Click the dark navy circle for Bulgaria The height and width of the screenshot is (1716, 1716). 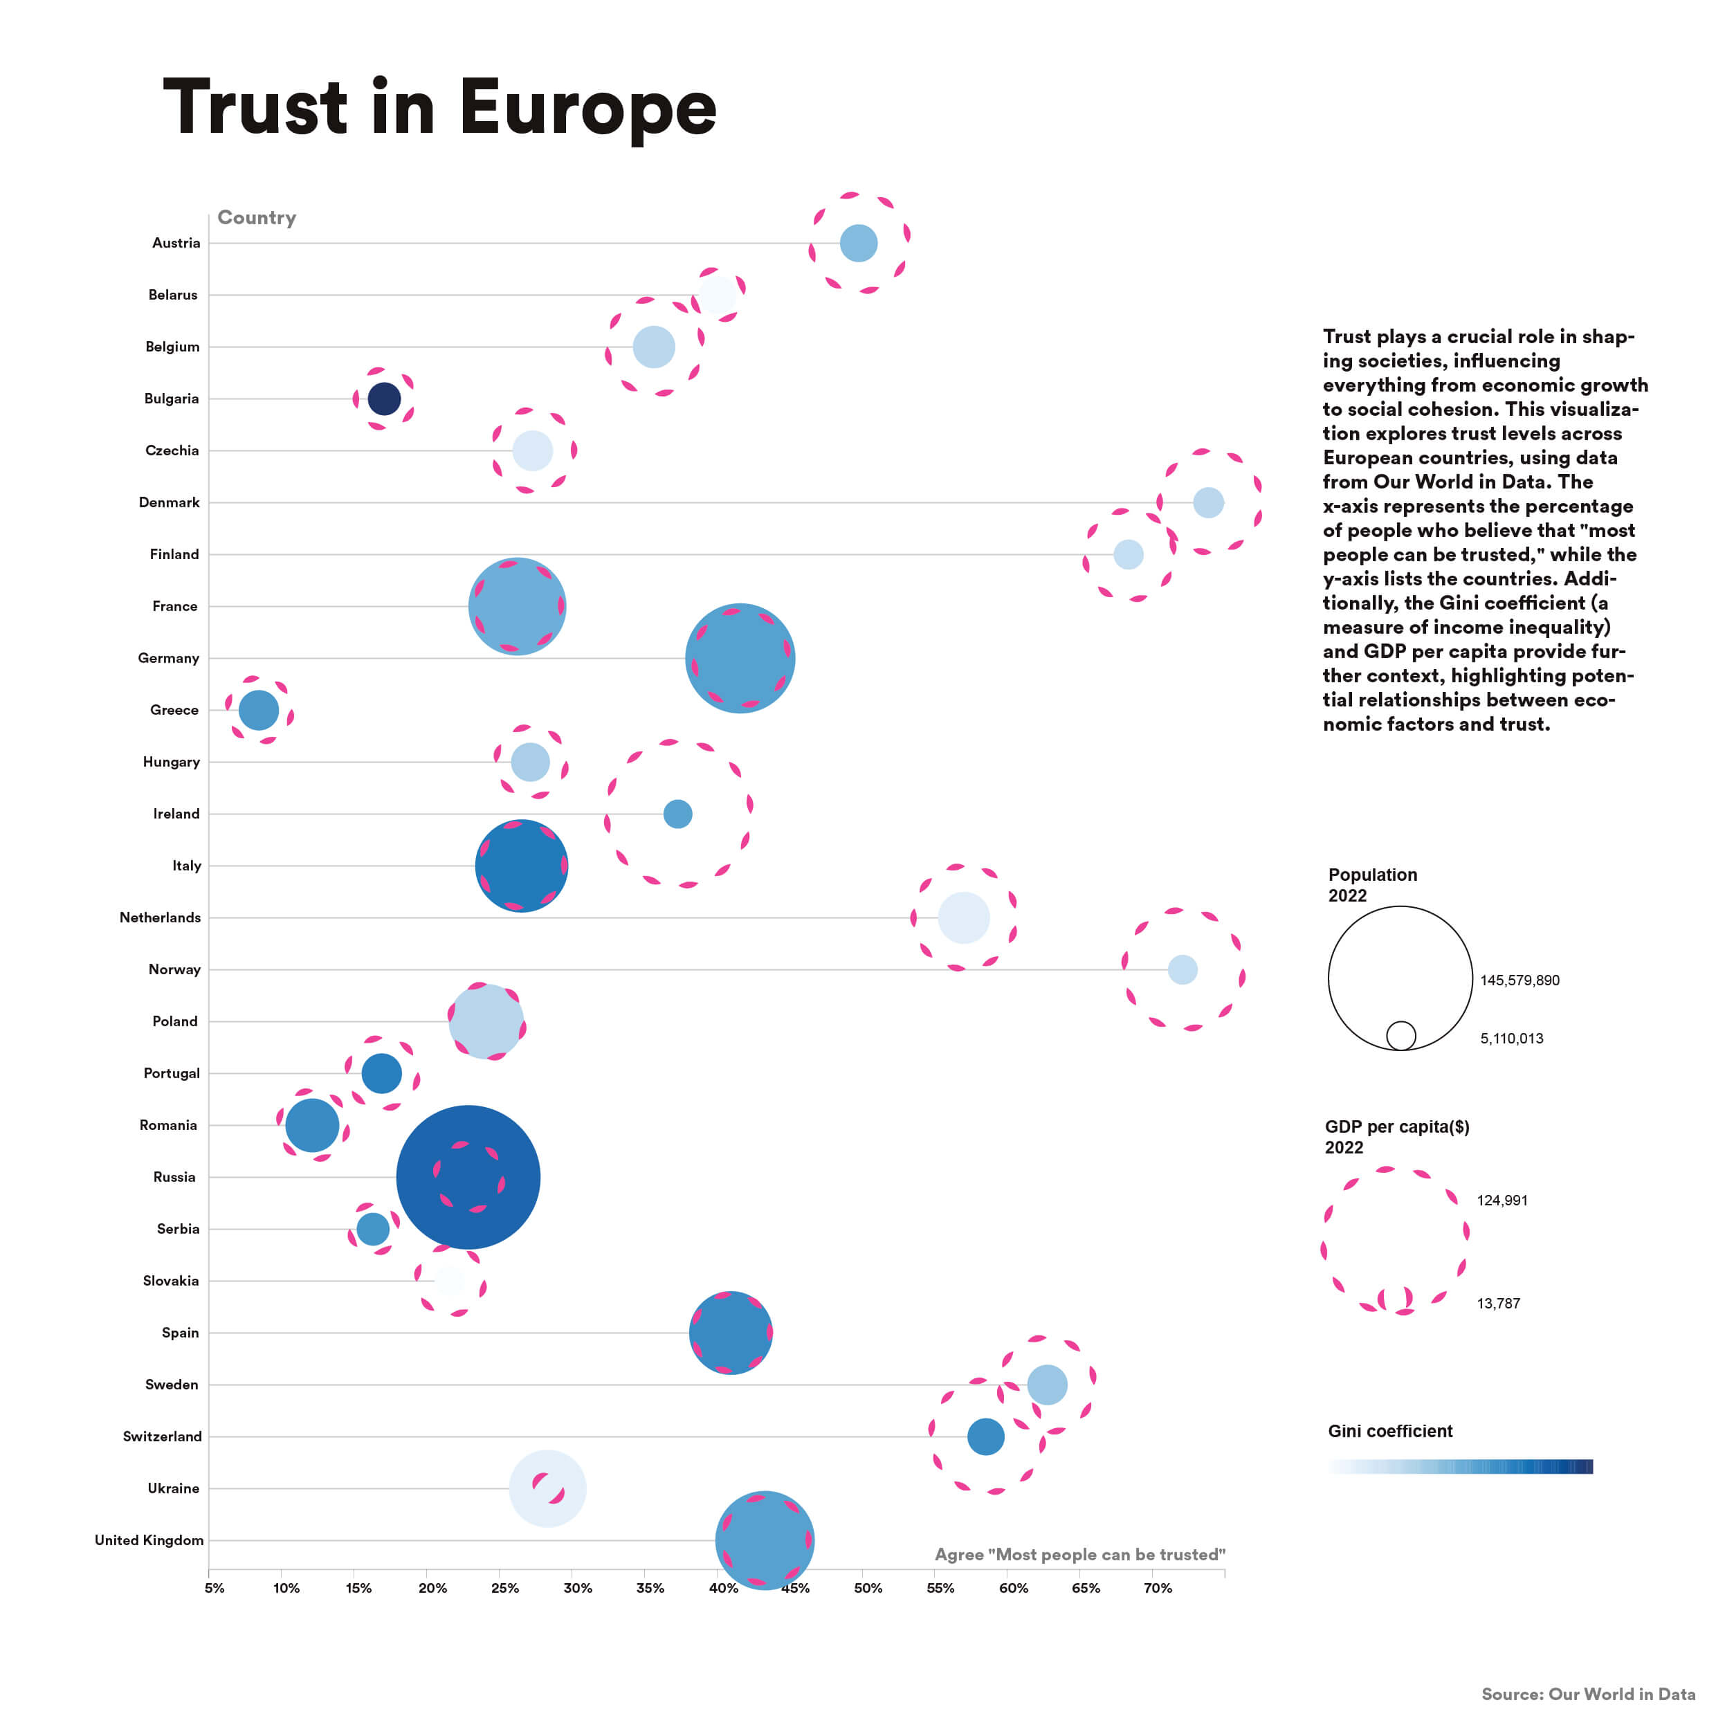[384, 399]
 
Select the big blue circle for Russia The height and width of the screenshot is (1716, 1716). [468, 1177]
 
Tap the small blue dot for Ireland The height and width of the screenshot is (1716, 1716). [677, 814]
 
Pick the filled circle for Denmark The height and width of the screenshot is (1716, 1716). [1208, 503]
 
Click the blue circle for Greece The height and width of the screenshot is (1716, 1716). [259, 710]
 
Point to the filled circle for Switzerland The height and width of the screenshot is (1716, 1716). [985, 1436]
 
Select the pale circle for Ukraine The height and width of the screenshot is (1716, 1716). [547, 1488]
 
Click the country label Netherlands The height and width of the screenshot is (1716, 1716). [160, 918]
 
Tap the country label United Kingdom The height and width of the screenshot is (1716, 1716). [149, 1540]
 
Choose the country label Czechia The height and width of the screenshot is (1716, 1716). [172, 450]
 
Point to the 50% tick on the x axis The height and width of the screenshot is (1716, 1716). [868, 1588]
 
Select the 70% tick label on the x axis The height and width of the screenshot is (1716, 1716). [1158, 1588]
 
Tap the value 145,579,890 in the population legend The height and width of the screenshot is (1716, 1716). [1519, 980]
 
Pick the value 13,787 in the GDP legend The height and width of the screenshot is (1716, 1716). [1499, 1304]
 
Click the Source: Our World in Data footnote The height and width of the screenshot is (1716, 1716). [1588, 1694]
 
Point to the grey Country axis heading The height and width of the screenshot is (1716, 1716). [257, 217]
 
